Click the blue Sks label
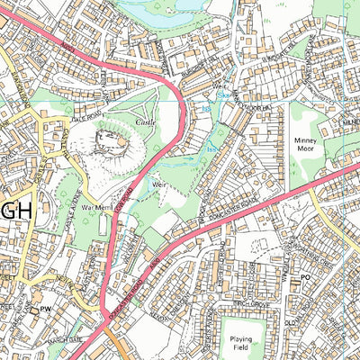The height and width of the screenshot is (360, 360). pos(221,94)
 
